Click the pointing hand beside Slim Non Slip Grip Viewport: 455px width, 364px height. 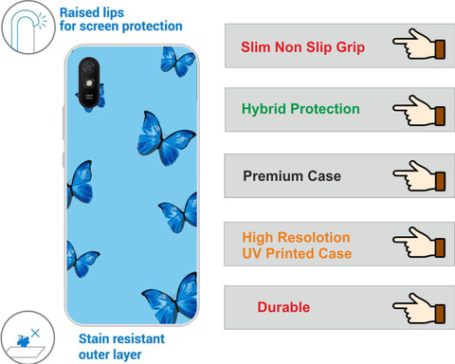(419, 44)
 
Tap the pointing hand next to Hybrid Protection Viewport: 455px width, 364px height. (419, 111)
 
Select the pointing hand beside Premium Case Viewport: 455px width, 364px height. (419, 176)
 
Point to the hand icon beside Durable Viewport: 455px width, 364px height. (419, 308)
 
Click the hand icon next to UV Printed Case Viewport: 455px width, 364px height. (419, 243)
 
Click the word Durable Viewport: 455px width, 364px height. (283, 307)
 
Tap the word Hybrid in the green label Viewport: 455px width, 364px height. (264, 109)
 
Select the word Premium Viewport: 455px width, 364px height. (273, 176)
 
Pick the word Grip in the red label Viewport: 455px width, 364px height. (350, 47)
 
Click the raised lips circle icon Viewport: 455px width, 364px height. (28, 27)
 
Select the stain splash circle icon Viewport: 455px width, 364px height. (27, 337)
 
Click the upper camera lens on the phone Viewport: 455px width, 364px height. (89, 67)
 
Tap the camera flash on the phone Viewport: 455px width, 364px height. (89, 83)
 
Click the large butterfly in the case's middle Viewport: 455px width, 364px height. (164, 138)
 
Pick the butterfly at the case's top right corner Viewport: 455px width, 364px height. (178, 62)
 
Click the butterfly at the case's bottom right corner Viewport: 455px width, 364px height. (171, 299)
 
